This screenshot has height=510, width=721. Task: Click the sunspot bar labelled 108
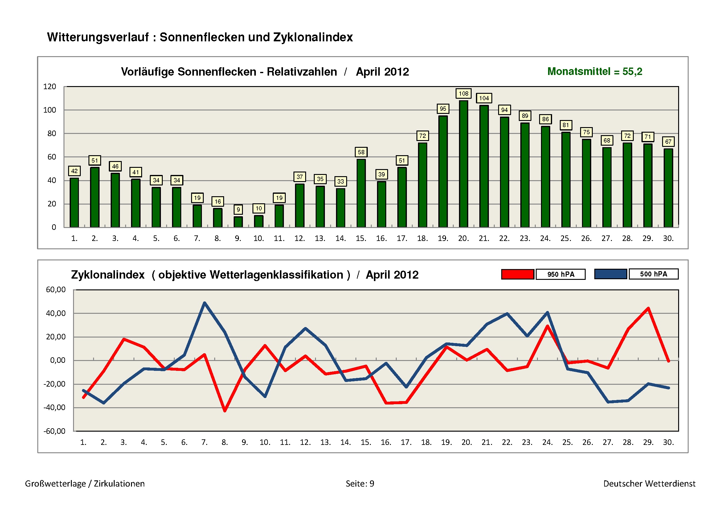click(x=463, y=164)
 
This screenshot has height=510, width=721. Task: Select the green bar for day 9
click(x=238, y=222)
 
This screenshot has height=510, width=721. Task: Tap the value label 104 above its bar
click(x=484, y=98)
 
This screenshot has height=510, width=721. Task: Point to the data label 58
click(x=361, y=152)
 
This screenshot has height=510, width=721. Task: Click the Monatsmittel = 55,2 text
click(x=594, y=72)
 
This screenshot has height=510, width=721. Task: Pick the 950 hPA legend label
click(x=560, y=274)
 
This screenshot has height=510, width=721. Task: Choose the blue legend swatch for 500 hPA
click(x=610, y=274)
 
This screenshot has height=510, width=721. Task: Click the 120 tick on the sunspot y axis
click(x=50, y=86)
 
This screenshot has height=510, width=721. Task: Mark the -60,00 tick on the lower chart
click(x=54, y=431)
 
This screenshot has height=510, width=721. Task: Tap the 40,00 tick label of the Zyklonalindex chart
click(x=55, y=313)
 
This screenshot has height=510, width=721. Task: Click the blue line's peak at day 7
click(x=204, y=303)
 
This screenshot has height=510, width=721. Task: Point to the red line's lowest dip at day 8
click(x=225, y=410)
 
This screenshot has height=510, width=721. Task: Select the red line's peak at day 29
click(x=648, y=308)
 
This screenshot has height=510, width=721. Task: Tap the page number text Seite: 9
click(x=360, y=483)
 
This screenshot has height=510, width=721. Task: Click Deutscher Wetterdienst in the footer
click(x=649, y=483)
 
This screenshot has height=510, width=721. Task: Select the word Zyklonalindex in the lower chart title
click(x=108, y=275)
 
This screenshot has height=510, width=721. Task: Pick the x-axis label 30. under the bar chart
click(x=668, y=238)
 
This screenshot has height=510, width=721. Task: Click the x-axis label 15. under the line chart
click(x=366, y=442)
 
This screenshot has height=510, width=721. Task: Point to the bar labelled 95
click(x=443, y=171)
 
